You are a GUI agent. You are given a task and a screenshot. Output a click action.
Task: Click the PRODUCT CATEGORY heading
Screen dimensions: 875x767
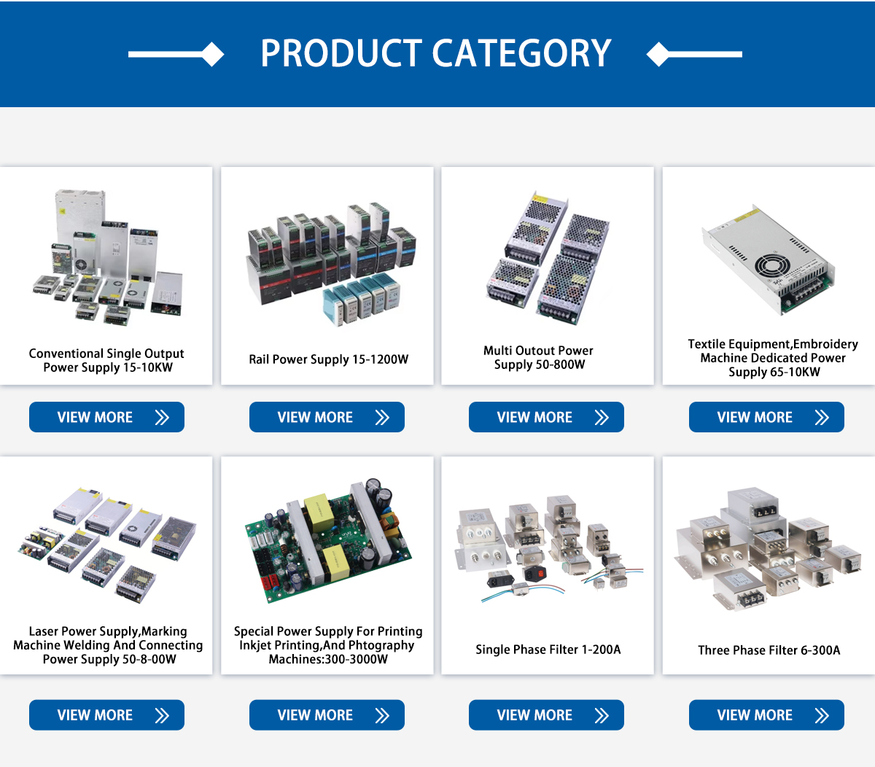click(x=436, y=53)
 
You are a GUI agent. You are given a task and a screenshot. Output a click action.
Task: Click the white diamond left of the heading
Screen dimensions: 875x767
click(x=213, y=54)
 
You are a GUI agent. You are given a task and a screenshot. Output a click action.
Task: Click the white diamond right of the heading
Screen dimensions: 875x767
click(x=658, y=54)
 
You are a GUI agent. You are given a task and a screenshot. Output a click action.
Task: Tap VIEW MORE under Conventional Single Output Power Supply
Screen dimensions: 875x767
click(x=106, y=417)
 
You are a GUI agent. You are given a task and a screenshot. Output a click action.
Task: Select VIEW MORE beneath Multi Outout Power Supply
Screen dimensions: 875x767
click(x=546, y=417)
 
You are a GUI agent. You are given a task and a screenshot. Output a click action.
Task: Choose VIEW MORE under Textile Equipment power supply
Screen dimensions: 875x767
click(x=766, y=417)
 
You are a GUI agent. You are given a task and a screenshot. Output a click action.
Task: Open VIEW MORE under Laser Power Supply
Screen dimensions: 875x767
click(x=106, y=715)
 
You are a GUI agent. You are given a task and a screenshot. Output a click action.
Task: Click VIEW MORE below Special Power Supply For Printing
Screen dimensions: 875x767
click(x=327, y=715)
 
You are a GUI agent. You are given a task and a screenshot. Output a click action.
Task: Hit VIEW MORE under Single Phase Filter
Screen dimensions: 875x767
click(x=546, y=715)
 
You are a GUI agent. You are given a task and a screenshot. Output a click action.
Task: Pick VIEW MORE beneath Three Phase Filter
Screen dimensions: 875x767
click(x=766, y=715)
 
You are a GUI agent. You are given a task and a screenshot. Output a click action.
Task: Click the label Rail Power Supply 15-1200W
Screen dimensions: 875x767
click(x=328, y=359)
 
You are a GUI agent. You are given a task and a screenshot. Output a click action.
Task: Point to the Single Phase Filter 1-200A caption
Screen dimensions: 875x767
click(x=548, y=650)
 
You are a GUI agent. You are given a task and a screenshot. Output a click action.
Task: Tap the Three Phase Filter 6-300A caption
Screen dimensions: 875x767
click(x=769, y=650)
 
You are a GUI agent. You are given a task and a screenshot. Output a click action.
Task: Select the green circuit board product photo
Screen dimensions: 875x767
click(x=327, y=540)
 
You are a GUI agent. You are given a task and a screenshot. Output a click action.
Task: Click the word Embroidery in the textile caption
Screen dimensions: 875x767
click(x=825, y=344)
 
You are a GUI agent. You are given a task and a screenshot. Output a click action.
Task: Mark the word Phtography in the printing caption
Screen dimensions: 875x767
click(x=382, y=645)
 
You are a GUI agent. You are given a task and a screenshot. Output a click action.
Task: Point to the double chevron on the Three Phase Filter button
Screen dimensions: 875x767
click(x=822, y=715)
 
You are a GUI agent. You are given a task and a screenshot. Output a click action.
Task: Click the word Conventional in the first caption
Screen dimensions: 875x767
click(x=66, y=354)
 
